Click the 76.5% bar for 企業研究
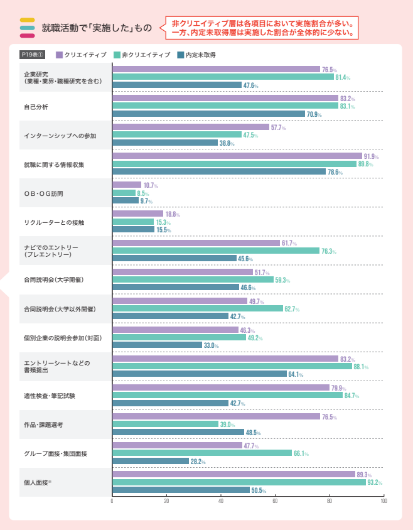point(216,69)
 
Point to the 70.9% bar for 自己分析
point(208,114)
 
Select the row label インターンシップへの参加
point(60,136)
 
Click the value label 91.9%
point(372,156)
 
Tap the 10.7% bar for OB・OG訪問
point(126,185)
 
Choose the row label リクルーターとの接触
point(53,222)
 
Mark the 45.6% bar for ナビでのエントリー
point(174,258)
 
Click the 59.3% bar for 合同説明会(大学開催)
point(193,279)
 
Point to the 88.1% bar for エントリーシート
point(232,366)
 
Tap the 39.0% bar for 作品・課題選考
point(165,424)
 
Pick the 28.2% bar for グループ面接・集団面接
point(150,461)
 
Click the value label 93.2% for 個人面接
point(375,482)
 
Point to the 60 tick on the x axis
point(275,501)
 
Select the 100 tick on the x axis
point(383,501)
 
